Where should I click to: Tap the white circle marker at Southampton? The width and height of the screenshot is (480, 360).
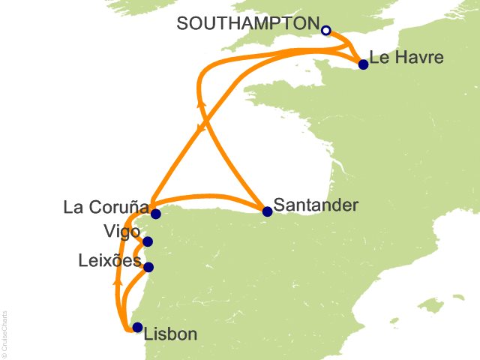pos(325,30)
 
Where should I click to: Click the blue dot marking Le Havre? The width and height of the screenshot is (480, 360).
pos(363,64)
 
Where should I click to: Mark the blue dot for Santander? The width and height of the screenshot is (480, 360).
pos(266,211)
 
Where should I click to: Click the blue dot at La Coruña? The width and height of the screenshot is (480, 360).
pos(155,214)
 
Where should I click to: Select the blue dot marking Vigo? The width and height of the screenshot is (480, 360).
pos(148,241)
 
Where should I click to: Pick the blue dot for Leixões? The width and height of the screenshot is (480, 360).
pos(148,267)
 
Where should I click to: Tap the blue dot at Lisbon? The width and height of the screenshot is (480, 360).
pos(136,327)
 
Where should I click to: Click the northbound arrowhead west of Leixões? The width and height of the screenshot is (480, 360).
pos(118,283)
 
